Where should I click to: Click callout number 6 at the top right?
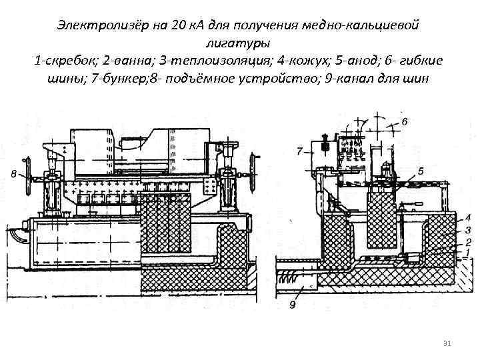[405, 123]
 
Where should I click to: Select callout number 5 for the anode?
[420, 171]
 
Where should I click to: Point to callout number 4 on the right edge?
[469, 217]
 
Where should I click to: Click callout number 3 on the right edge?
[469, 229]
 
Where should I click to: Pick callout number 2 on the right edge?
[469, 241]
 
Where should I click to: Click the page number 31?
[447, 343]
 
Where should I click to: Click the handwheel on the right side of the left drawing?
[253, 165]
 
